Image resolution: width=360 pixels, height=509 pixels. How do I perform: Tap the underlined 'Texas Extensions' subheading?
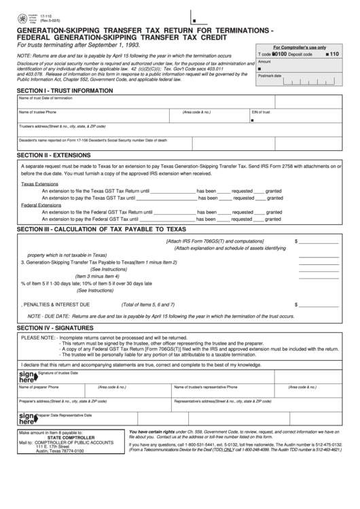39,184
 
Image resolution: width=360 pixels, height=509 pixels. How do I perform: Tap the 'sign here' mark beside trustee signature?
26,377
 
